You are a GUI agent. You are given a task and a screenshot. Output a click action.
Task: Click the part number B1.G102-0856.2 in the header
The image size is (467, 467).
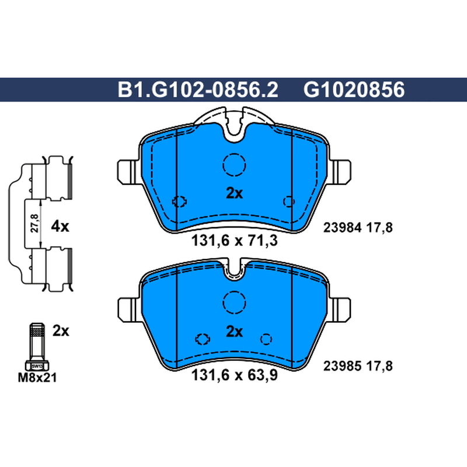pos(198,90)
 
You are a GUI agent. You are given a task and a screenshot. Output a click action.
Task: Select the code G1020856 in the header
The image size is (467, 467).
pos(354,90)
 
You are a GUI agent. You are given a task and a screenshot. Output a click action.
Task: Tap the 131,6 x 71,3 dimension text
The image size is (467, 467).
pos(235,241)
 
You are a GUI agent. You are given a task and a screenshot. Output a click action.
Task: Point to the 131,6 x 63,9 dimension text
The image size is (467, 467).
pos(235,375)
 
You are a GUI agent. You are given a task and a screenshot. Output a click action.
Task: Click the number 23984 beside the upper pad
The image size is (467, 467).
pos(343,228)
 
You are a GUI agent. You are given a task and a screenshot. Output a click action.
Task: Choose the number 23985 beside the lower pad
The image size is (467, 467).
pos(343,366)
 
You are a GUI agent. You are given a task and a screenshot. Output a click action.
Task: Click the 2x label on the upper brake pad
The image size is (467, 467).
pos(235,193)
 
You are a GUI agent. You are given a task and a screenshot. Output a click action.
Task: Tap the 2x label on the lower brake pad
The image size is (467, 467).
pos(235,332)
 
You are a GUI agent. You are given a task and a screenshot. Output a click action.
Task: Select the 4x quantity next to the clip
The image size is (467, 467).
pos(60,226)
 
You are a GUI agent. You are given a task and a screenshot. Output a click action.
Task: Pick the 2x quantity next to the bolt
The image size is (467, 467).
pos(61,330)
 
